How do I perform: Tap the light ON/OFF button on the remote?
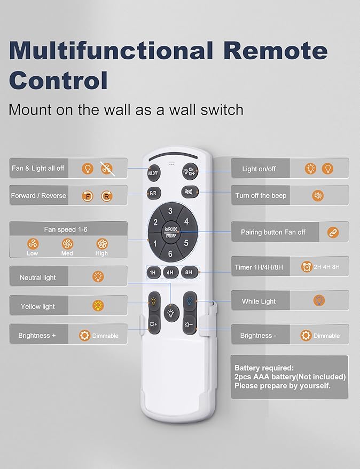[x=190, y=171]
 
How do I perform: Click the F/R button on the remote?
[x=154, y=193]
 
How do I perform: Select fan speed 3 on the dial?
[x=170, y=211]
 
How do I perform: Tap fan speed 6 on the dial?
[x=170, y=253]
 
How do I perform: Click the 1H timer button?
[x=153, y=273]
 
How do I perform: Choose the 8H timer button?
[x=189, y=273]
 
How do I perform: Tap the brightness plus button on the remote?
[x=154, y=324]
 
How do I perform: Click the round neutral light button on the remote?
[x=171, y=313]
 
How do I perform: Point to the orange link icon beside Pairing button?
[x=333, y=232]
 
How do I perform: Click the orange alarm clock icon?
[x=307, y=266]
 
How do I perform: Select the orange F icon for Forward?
[x=88, y=196]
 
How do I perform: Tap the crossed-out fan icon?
[x=107, y=169]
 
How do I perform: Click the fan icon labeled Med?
[x=67, y=244]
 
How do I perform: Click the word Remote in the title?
[x=275, y=50]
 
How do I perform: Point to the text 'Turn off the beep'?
[x=261, y=195]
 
